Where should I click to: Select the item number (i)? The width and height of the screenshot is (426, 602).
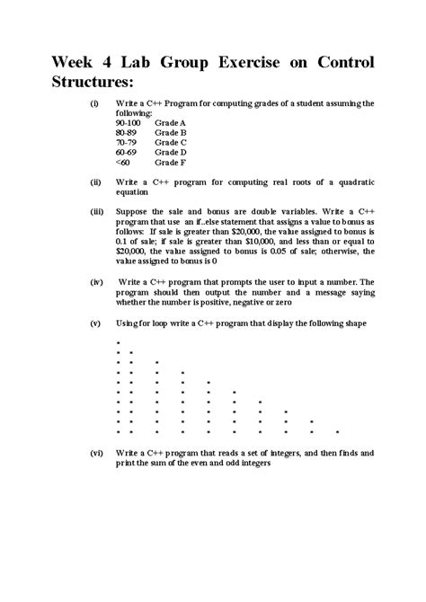click(x=93, y=104)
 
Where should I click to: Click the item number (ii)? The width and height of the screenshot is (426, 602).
click(x=94, y=181)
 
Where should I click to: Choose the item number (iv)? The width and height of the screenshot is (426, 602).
click(x=95, y=281)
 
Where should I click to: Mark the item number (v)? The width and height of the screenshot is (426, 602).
click(x=94, y=322)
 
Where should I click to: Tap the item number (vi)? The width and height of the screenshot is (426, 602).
click(x=95, y=454)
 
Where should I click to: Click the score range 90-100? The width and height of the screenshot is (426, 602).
click(x=129, y=123)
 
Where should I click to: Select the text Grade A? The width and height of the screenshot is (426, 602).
click(x=170, y=123)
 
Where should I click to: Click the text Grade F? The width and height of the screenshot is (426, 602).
click(x=170, y=162)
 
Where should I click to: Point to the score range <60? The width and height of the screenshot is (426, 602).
click(x=123, y=162)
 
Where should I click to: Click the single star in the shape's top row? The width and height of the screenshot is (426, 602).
click(x=118, y=342)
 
